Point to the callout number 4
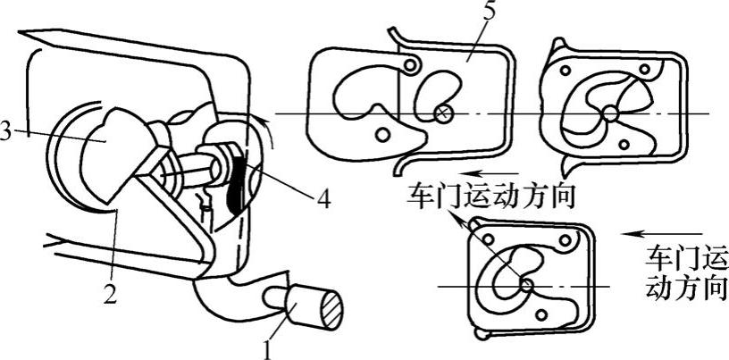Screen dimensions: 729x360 click(x=323, y=198)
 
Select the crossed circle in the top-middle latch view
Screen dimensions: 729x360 click(x=443, y=113)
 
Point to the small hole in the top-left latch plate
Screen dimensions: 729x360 click(x=383, y=135)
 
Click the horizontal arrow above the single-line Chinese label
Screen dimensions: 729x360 click(x=486, y=174)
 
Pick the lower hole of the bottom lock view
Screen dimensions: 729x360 click(x=539, y=313)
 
